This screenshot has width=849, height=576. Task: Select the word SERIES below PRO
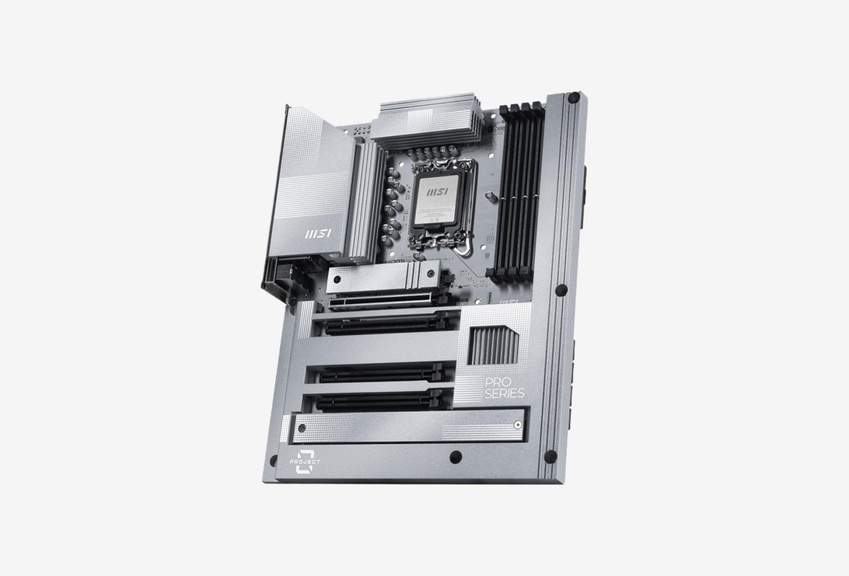pos(504,394)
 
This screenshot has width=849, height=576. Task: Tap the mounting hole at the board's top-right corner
pos(574,98)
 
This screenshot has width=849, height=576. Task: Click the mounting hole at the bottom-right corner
pos(550,456)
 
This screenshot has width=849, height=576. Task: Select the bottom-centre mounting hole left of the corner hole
pos(456,456)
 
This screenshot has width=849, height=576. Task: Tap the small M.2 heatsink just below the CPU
pos(381,278)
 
